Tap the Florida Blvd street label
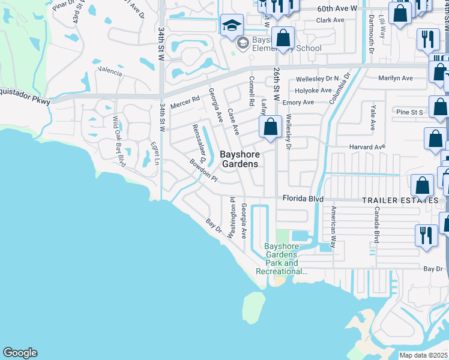tap(303, 199)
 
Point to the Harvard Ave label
tap(367, 147)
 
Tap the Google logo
tap(20, 353)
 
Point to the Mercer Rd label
tap(184, 101)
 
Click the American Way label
tap(333, 227)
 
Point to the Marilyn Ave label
tap(396, 78)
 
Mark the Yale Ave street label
tap(373, 116)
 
